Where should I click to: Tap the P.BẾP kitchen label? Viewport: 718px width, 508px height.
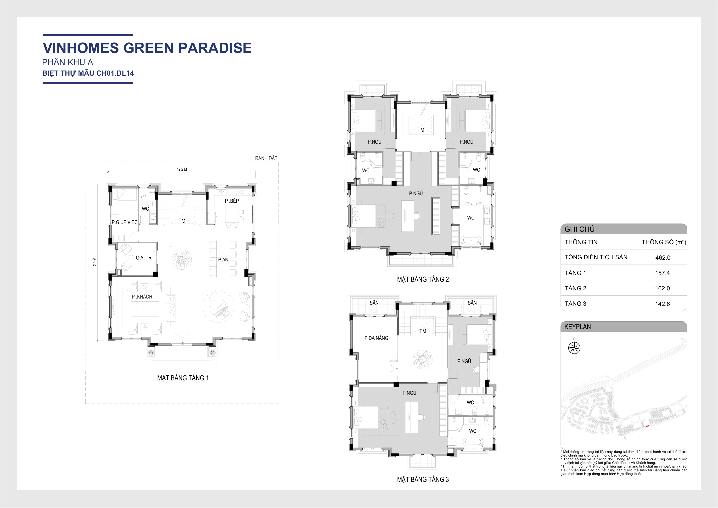pyautogui.click(x=232, y=201)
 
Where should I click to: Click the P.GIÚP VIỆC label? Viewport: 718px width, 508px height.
pyautogui.click(x=124, y=222)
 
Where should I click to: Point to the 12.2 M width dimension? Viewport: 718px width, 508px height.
pyautogui.click(x=182, y=169)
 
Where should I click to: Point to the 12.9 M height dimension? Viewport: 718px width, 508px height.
pyautogui.click(x=95, y=262)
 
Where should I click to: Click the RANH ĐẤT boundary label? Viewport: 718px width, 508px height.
pyautogui.click(x=266, y=158)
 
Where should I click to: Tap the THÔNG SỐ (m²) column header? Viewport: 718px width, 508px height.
pyautogui.click(x=664, y=242)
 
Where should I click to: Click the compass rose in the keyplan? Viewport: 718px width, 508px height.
pyautogui.click(x=574, y=348)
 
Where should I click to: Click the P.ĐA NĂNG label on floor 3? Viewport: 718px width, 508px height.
pyautogui.click(x=376, y=338)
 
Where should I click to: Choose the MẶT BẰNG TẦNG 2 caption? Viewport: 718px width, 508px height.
pyautogui.click(x=423, y=279)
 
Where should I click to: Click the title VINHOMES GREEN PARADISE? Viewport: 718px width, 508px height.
pyautogui.click(x=147, y=48)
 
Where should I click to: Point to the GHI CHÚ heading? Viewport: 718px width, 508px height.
pyautogui.click(x=579, y=229)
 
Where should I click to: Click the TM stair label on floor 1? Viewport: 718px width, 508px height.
pyautogui.click(x=182, y=221)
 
